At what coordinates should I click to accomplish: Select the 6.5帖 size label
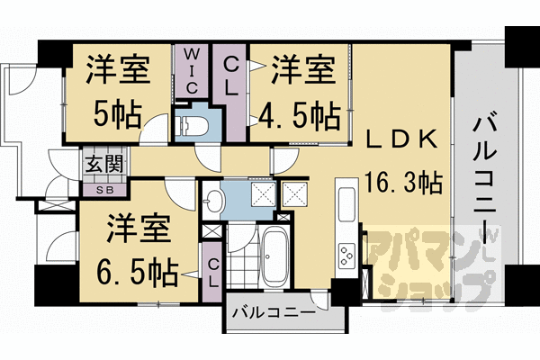(138, 269)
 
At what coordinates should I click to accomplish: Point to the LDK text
(401, 139)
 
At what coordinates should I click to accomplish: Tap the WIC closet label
(193, 70)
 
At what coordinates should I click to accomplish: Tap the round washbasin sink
(213, 198)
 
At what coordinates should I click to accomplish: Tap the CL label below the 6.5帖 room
(213, 270)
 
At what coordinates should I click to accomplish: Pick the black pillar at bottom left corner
(52, 286)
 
